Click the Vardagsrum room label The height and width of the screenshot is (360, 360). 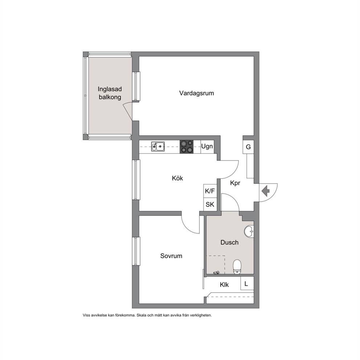[x=197, y=93]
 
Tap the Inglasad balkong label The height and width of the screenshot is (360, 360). [x=110, y=93]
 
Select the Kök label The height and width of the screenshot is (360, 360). [x=177, y=178]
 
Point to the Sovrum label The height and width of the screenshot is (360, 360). [x=171, y=256]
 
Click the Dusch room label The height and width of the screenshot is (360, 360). [x=229, y=242]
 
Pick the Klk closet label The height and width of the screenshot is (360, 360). [x=224, y=285]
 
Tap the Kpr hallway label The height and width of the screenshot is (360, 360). [x=235, y=183]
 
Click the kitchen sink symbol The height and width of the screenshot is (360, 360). [x=158, y=147]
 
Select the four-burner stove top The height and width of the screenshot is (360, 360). [x=187, y=147]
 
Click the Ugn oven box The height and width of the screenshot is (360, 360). [x=207, y=147]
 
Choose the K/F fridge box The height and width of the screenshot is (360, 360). [x=210, y=191]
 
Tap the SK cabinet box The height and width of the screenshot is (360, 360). [x=210, y=204]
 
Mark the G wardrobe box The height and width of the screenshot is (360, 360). [x=248, y=147]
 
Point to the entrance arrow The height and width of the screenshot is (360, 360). [x=266, y=191]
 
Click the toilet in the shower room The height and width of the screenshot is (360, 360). [x=237, y=267]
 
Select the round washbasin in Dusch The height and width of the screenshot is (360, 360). [x=249, y=232]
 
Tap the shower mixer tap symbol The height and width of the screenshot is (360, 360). [x=216, y=273]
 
